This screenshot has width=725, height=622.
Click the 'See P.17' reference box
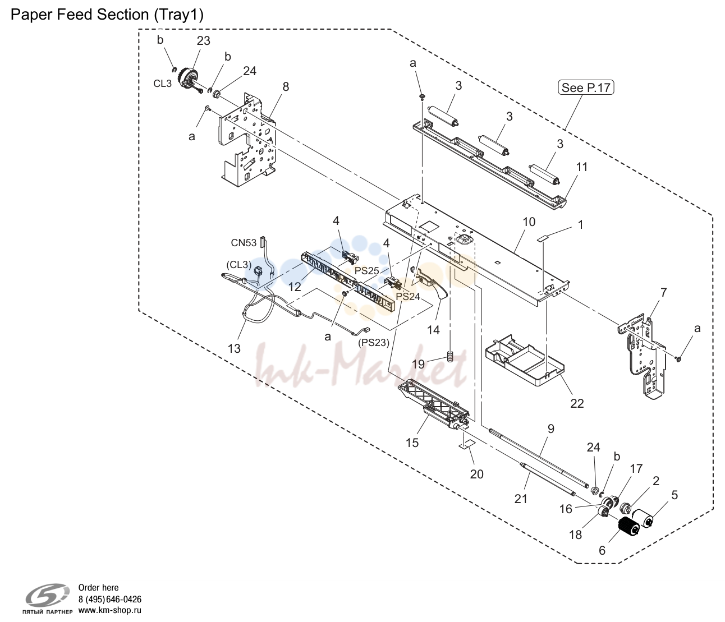point(586,87)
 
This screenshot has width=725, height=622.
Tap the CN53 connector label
point(244,243)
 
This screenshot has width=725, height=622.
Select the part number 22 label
point(577,404)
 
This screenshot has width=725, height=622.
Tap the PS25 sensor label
point(366,271)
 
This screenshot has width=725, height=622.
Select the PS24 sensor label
point(408,297)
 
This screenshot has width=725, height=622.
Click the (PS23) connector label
point(374,343)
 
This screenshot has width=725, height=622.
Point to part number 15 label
point(412,443)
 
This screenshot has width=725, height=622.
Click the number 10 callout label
point(529,222)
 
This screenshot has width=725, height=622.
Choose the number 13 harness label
point(234,348)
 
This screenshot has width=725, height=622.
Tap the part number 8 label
point(286,86)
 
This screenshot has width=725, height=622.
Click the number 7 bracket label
point(664,292)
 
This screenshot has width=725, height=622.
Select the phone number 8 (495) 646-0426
point(110,599)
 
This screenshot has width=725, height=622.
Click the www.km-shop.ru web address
point(110,610)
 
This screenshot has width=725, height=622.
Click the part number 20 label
point(476,474)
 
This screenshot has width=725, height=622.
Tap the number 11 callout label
point(582,167)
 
